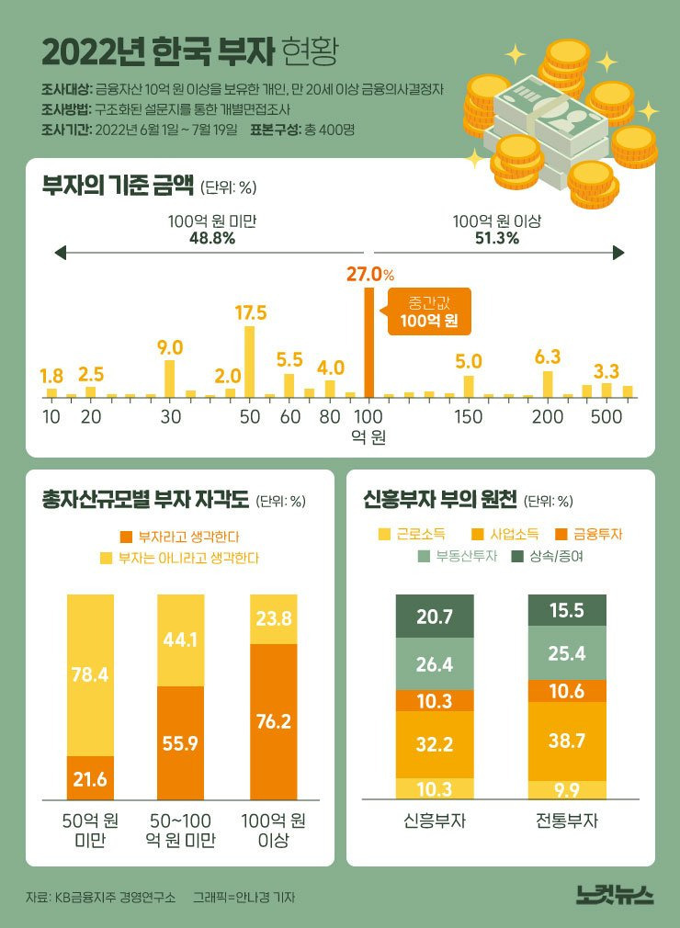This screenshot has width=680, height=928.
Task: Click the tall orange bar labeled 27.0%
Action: pos(369,342)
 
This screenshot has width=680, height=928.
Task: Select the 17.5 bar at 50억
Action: pos(249,361)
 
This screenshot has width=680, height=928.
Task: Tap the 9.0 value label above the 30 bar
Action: pos(170,346)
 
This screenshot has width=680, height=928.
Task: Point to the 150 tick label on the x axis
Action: pos(468,416)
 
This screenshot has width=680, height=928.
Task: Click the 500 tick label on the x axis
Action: pos(606,416)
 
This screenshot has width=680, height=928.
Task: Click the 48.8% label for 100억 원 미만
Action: pos(211,238)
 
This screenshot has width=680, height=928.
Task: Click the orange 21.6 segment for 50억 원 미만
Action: pos(90,778)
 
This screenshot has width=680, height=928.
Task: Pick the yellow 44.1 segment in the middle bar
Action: pos(181,639)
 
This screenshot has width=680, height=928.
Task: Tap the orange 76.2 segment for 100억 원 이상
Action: pos(273,721)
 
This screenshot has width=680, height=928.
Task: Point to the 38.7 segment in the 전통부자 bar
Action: pos(567,741)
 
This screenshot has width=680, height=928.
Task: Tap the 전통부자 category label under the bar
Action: pos(567,820)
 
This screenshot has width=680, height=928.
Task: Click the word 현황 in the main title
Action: pos(311,51)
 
